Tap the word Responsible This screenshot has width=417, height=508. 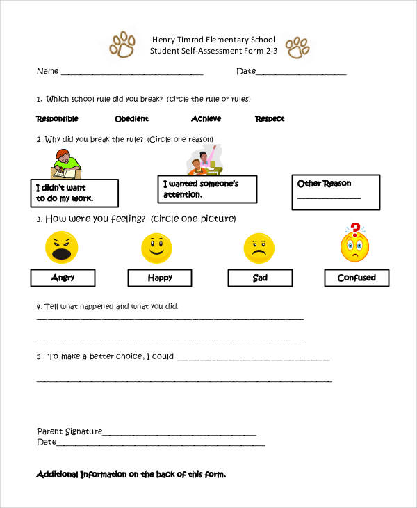[57, 119]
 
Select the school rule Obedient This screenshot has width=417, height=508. [131, 119]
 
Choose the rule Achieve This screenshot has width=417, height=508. [206, 119]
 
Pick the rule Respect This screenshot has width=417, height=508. [270, 119]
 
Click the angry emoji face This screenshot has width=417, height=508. [61, 248]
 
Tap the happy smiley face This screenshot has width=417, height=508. [156, 248]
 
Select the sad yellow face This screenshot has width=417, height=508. [259, 248]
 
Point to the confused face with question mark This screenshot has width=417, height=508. [355, 244]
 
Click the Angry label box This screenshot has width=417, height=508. [63, 278]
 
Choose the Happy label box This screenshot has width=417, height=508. [160, 278]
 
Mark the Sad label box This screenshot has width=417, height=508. [260, 278]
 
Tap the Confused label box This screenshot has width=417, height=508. [357, 278]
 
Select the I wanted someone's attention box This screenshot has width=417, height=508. [207, 189]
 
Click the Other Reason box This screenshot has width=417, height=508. [336, 192]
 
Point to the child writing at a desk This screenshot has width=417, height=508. [66, 164]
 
